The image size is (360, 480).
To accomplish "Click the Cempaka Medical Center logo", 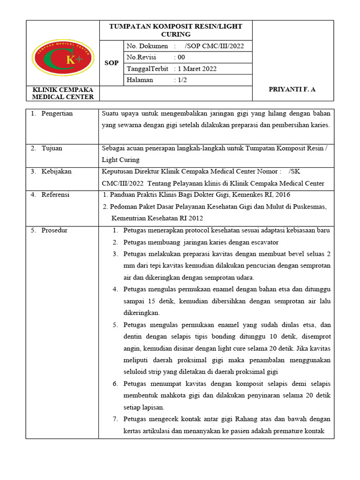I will click(x=63, y=60).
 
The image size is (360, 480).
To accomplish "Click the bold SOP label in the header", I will click(x=112, y=63).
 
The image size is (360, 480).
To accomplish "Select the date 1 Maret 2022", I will click(x=197, y=69).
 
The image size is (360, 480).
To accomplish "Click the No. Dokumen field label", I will click(x=147, y=46).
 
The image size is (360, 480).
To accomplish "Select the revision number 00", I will click(x=181, y=57).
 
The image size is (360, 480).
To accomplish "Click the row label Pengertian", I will click(x=57, y=113).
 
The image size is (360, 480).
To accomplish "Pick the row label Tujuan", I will click(x=52, y=148).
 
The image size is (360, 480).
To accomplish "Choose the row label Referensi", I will click(x=55, y=195).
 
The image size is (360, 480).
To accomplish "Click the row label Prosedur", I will click(x=54, y=230).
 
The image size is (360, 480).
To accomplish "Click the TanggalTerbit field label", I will click(x=147, y=69).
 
